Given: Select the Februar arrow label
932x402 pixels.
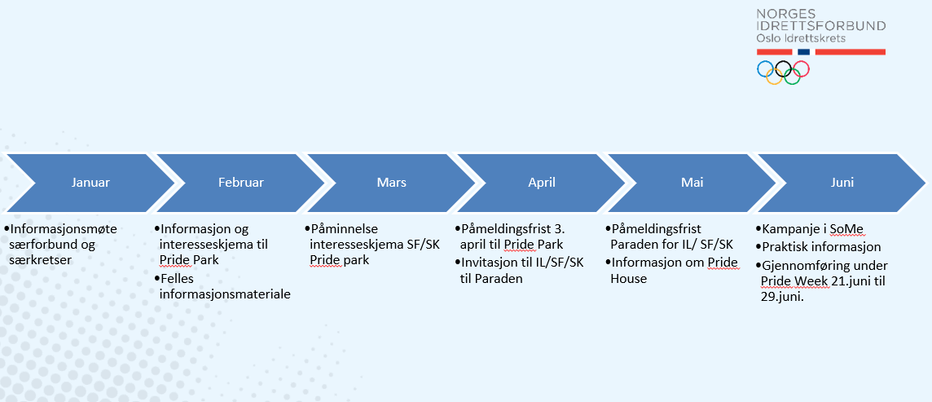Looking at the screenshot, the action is (240, 183).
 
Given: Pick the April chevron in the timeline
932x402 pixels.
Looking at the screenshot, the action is (542, 183).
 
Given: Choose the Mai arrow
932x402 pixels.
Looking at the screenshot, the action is (692, 183).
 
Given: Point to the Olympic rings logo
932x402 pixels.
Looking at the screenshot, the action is (784, 73).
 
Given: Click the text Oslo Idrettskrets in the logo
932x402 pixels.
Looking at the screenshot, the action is (801, 38).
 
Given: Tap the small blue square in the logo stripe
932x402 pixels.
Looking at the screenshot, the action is (803, 52).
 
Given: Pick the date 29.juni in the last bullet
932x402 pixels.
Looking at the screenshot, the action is (782, 297).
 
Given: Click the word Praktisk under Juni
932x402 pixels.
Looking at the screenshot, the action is (783, 246).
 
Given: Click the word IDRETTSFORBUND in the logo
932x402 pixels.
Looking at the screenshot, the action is (821, 25).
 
